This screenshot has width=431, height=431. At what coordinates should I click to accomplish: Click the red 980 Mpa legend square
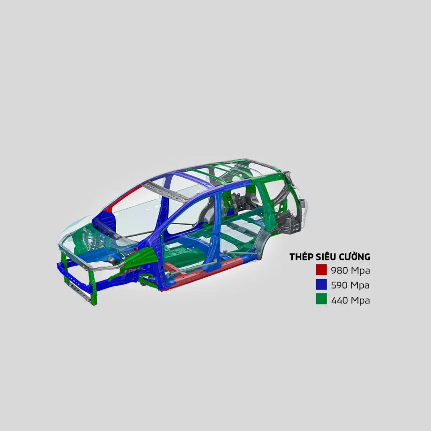click(x=321, y=270)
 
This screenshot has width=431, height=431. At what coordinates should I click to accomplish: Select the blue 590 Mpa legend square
click(x=321, y=285)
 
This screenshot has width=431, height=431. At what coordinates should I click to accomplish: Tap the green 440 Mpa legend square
click(x=321, y=300)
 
